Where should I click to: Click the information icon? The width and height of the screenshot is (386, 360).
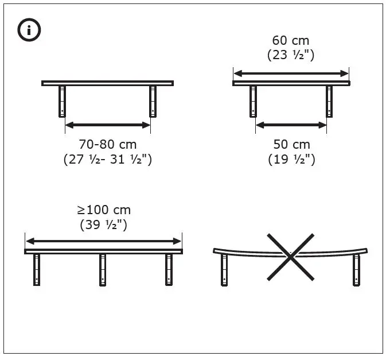coord(29,30)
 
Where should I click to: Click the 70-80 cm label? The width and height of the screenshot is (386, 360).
coord(107,144)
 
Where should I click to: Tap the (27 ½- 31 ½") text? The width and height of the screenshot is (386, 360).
coord(107,160)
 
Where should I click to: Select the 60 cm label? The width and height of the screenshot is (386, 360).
coord(290,41)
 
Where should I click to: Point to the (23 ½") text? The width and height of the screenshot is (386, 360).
coord(290,56)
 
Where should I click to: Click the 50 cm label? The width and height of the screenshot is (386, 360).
coord(291,144)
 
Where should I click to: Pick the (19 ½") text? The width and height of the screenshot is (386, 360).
coord(291,160)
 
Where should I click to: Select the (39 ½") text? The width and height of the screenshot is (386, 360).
coord(103,224)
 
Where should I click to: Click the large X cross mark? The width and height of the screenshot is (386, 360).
coord(291,257)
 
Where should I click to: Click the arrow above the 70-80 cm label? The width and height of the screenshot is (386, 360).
coord(107,125)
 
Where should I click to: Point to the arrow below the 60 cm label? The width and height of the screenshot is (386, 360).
coord(291,73)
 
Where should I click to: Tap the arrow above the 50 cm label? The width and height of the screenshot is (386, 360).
coord(291,125)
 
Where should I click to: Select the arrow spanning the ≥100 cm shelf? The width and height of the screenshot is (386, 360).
coord(103,241)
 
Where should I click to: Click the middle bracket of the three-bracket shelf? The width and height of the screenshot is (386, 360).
coord(103,269)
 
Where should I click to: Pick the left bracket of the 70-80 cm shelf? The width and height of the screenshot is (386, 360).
coord(62,101)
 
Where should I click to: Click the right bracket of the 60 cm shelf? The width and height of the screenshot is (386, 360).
coord(329,101)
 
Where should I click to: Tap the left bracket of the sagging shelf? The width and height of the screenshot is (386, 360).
coord(224,270)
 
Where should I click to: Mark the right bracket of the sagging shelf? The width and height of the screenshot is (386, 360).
coord(357,270)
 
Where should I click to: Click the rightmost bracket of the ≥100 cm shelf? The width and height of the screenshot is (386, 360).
coord(169,269)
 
